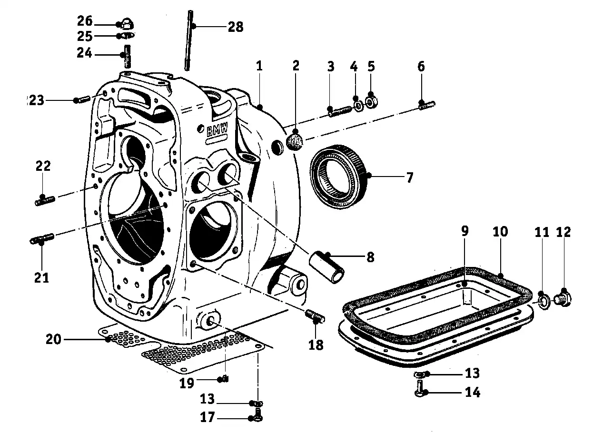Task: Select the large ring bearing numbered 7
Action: coord(339,177)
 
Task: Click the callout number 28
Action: coord(235,27)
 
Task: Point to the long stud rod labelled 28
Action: coord(189,40)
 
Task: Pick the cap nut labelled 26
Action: coord(126,22)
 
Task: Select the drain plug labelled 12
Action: coord(564,298)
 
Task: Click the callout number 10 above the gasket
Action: coord(500,232)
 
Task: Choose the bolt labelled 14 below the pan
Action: coord(420,386)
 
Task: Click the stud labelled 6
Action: coord(427,105)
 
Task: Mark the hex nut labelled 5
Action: coord(371,101)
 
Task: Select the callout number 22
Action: coord(43,167)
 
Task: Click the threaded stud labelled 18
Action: coord(316,316)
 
